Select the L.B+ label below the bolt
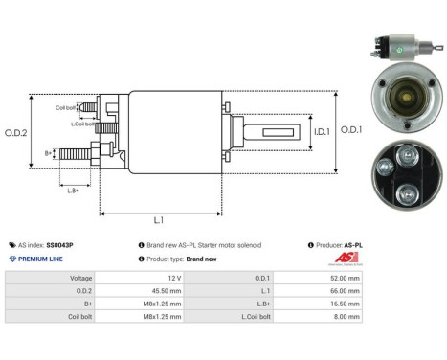(74, 190)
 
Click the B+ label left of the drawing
(50, 152)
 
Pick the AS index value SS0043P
(59, 245)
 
